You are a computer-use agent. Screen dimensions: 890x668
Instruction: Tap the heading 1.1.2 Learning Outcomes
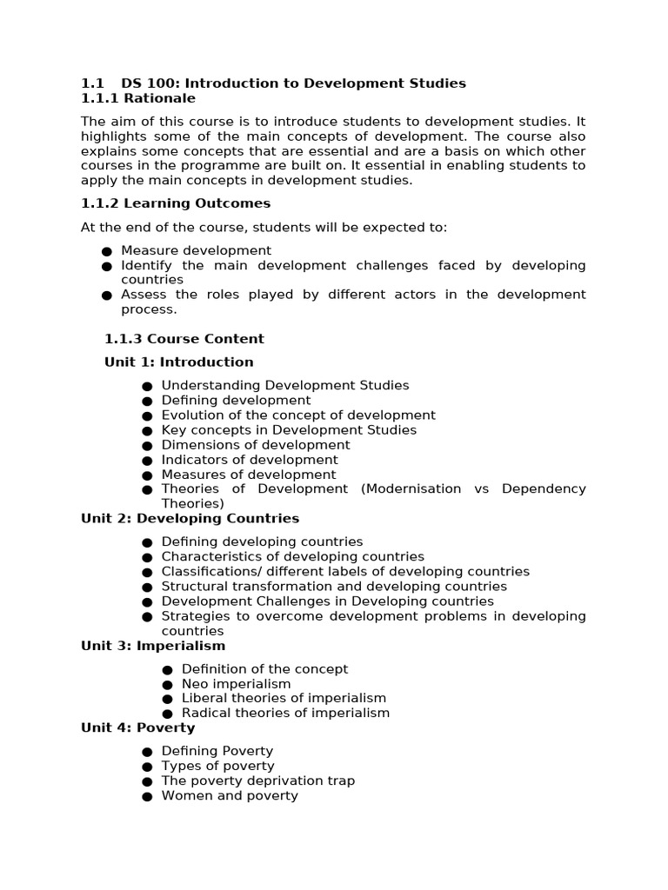[x=176, y=203]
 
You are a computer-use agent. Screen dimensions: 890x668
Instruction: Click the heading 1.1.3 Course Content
[x=184, y=339]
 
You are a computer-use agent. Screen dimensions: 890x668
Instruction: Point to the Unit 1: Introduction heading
[x=179, y=362]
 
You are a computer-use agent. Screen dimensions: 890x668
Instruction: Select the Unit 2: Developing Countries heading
[x=190, y=519]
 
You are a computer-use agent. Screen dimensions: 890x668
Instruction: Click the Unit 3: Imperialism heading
[x=153, y=646]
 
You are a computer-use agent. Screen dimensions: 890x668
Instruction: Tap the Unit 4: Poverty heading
[x=138, y=727]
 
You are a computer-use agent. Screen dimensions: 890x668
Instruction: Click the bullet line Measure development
[x=197, y=251]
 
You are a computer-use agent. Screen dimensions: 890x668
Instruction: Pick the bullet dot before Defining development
[x=147, y=402]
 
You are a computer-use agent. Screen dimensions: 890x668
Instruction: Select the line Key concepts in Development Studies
[x=289, y=430]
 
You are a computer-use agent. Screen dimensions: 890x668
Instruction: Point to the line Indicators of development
[x=250, y=460]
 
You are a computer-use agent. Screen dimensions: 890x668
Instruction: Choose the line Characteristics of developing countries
[x=293, y=556]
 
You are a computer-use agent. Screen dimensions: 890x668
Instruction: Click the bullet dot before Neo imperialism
[x=167, y=685]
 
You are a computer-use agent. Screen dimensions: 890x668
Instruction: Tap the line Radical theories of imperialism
[x=285, y=713]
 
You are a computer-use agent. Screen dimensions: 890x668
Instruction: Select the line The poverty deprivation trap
[x=258, y=780]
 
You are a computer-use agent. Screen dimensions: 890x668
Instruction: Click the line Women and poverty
[x=230, y=795]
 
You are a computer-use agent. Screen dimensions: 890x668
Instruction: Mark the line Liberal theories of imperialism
[x=284, y=698]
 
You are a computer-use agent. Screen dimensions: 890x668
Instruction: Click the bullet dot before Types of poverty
[x=147, y=767]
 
